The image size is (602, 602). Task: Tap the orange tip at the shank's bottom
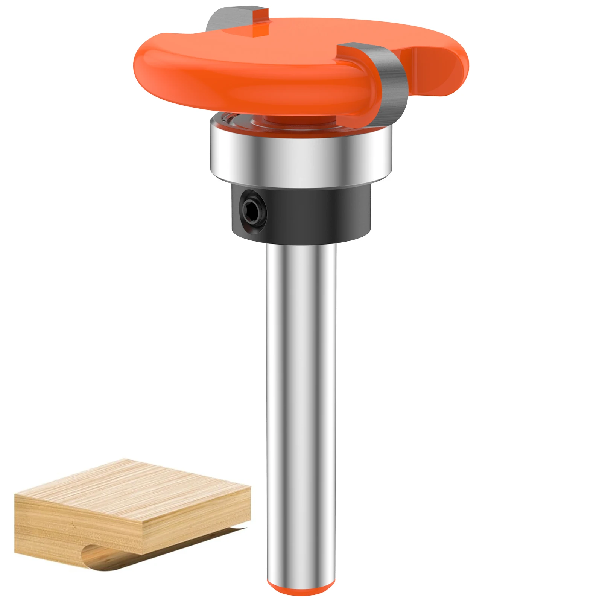coord(301,587)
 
